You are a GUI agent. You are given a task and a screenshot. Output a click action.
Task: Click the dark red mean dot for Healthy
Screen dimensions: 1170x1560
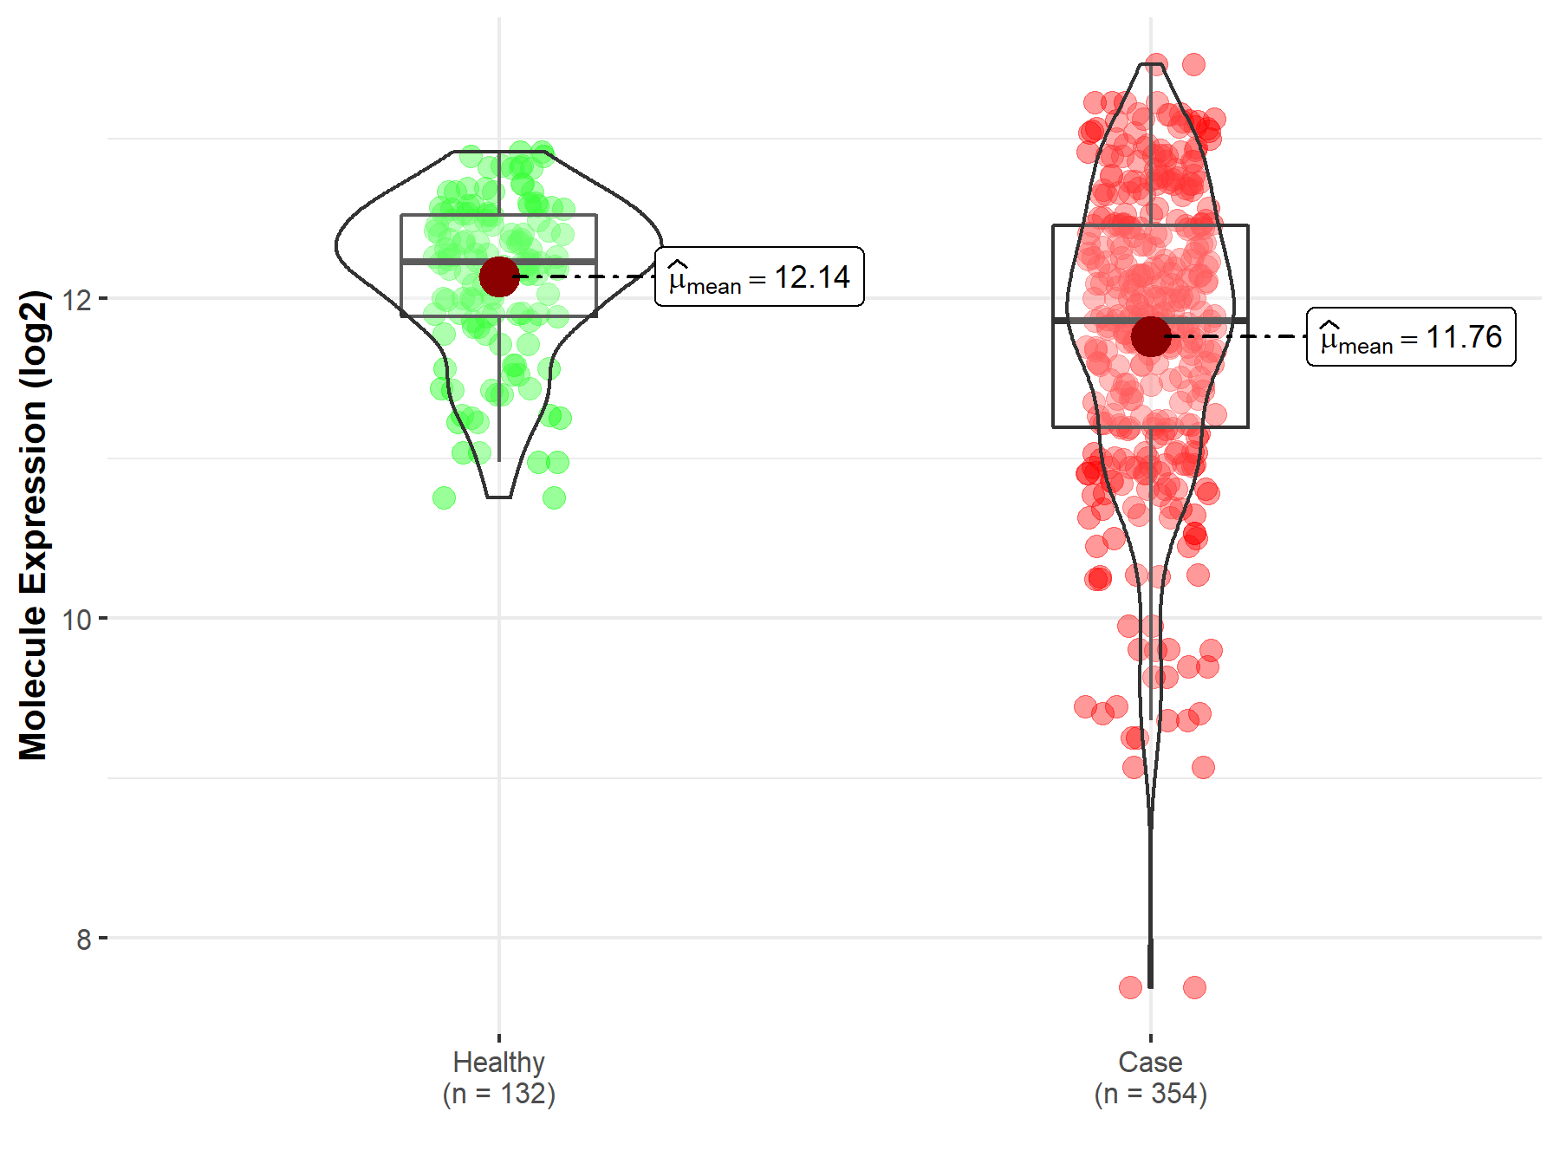pyautogui.click(x=499, y=276)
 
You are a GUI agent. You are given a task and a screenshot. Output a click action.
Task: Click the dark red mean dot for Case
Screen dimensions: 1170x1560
pyautogui.click(x=1150, y=336)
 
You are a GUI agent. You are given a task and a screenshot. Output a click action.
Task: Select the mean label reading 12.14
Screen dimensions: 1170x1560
pyautogui.click(x=759, y=277)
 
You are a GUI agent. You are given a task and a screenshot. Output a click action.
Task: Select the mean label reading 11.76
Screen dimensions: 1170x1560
pyautogui.click(x=1411, y=337)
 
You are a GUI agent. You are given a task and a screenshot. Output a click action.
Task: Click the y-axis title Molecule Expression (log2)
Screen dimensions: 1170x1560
pyautogui.click(x=33, y=525)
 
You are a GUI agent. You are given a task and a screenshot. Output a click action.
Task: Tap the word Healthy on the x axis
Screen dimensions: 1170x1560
pyautogui.click(x=498, y=1062)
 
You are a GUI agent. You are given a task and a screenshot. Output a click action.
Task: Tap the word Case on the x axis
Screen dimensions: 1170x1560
pyautogui.click(x=1150, y=1062)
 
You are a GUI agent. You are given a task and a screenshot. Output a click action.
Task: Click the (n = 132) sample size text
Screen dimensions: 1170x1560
pyautogui.click(x=498, y=1094)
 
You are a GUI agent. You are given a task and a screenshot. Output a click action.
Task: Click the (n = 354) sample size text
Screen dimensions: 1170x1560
pyautogui.click(x=1150, y=1094)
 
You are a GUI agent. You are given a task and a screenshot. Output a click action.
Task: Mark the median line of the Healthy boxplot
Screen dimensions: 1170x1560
pyautogui.click(x=451, y=261)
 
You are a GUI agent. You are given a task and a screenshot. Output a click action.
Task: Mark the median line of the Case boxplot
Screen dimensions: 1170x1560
pyautogui.click(x=1101, y=321)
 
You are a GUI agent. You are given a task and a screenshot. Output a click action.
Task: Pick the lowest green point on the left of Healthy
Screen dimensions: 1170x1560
pyautogui.click(x=444, y=497)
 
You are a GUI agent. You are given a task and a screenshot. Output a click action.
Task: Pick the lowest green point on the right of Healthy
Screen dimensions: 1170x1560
pyautogui.click(x=555, y=497)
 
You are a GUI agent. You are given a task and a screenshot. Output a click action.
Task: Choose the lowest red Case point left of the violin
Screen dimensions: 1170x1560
pyautogui.click(x=1130, y=987)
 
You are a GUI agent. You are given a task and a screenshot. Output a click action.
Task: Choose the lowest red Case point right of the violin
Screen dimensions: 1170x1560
pyautogui.click(x=1194, y=987)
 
